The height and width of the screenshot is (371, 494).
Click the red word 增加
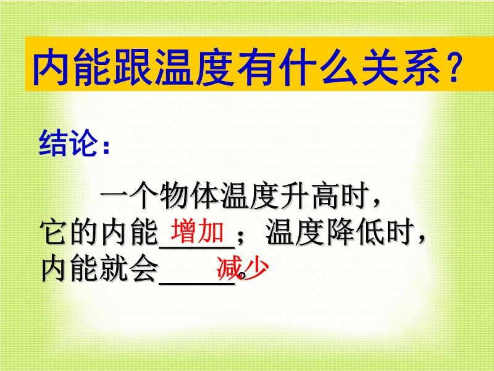click(x=198, y=231)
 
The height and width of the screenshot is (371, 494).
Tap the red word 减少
click(x=243, y=268)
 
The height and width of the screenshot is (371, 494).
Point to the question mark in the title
click(x=454, y=67)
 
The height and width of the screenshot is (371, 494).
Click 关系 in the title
click(x=401, y=67)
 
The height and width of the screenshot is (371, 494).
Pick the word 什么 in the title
click(x=319, y=67)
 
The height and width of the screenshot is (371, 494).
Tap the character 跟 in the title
click(x=133, y=67)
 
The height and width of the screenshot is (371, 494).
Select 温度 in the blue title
click(x=195, y=67)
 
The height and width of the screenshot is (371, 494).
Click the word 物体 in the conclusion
click(x=189, y=195)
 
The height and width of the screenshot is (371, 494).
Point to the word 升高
click(x=309, y=195)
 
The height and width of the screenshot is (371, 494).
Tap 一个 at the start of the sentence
click(x=129, y=195)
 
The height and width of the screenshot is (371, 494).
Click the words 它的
click(x=69, y=233)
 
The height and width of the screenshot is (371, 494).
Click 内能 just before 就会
click(x=70, y=269)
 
